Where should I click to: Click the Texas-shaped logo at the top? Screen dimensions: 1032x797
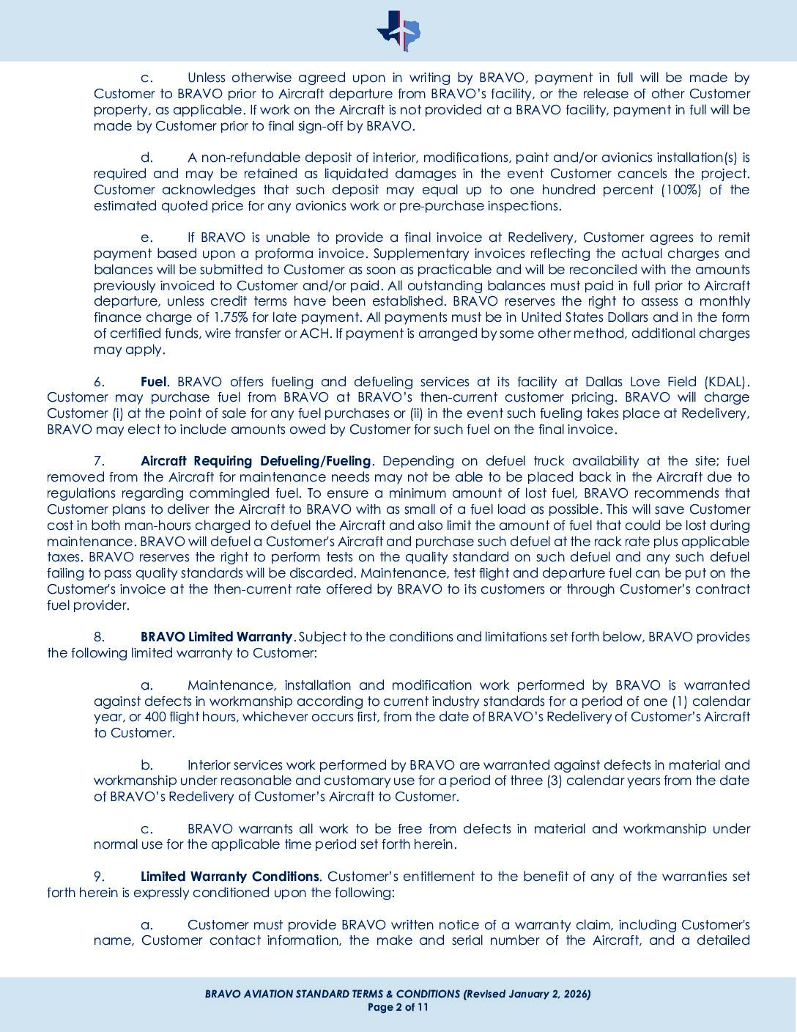398,31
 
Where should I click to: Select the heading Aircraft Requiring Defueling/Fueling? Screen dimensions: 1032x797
256,461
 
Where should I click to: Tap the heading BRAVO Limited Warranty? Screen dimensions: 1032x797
217,636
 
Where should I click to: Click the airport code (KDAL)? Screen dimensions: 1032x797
726,381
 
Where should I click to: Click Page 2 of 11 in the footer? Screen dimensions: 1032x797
398,1007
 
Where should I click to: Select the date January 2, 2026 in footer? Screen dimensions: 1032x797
543,994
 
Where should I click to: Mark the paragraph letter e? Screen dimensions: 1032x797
147,237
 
